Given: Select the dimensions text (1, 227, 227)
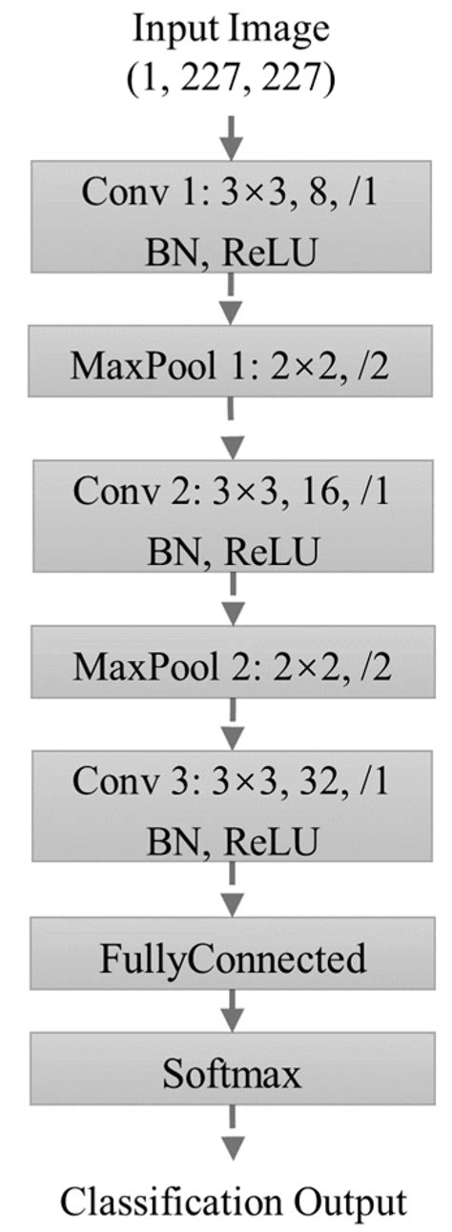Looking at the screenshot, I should (232, 79).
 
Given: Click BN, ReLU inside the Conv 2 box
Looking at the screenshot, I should (232, 550).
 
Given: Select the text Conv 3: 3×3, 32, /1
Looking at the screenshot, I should (232, 782).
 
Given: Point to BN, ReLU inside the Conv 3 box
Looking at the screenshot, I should (232, 840).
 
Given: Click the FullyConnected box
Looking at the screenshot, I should (232, 958).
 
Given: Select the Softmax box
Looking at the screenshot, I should (232, 1075).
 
